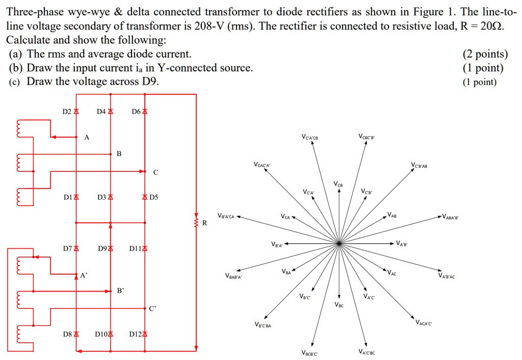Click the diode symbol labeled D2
click(76, 111)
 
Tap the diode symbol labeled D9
click(111, 249)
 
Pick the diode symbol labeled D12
click(145, 335)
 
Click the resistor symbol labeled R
click(196, 222)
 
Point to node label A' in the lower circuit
click(83, 275)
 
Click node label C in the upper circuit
click(156, 172)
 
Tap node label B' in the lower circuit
click(120, 291)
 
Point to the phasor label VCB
click(338, 184)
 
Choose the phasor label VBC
click(340, 305)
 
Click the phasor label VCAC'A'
click(262, 165)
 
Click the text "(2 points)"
click(485, 55)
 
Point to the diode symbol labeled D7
click(76, 249)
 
